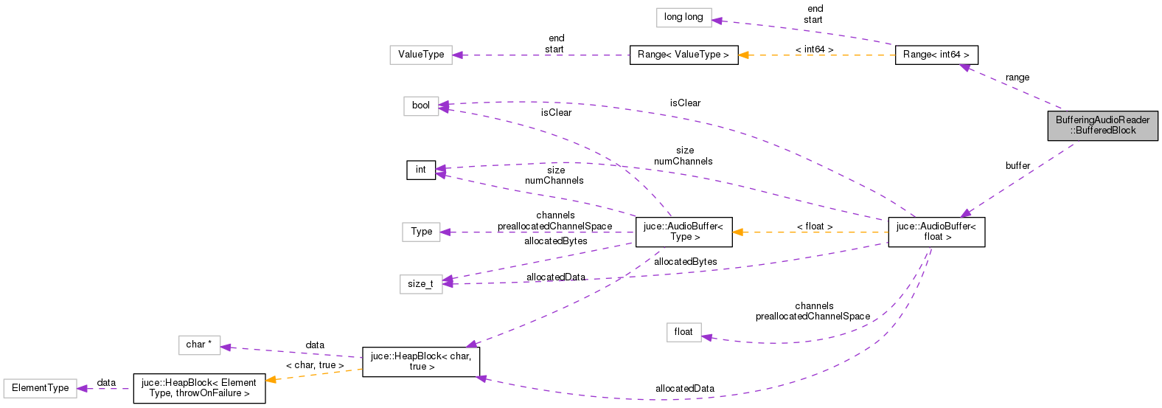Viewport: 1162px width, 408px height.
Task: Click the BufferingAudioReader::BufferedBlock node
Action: tap(1102, 125)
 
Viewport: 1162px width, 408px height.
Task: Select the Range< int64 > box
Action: tap(936, 55)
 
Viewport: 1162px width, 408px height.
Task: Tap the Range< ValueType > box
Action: tap(683, 55)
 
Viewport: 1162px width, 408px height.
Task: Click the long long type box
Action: tap(683, 17)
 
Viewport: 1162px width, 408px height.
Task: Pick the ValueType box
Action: tap(421, 55)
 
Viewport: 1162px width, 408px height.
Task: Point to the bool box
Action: tap(420, 106)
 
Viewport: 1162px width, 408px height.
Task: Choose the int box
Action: tap(420, 170)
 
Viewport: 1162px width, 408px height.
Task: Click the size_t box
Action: tap(420, 284)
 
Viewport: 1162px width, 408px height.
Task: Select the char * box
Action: tap(199, 345)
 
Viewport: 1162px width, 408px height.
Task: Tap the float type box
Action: tap(683, 332)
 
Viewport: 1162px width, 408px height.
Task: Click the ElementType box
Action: tap(40, 388)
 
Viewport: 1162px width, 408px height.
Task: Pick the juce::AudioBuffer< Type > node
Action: tap(683, 232)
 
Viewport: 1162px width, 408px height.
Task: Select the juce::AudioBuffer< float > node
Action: tap(936, 232)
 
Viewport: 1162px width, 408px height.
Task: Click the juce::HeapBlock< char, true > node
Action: tap(421, 362)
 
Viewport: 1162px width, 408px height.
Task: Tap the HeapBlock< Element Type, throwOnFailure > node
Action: tap(199, 388)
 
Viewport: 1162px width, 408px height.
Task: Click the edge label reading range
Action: tap(1017, 77)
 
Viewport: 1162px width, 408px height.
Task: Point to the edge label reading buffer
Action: tap(1017, 166)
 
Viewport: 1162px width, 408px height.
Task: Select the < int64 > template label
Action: tap(814, 49)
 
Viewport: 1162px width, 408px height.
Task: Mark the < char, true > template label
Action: tap(314, 365)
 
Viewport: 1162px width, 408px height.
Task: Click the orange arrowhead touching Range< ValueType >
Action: tap(745, 55)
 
